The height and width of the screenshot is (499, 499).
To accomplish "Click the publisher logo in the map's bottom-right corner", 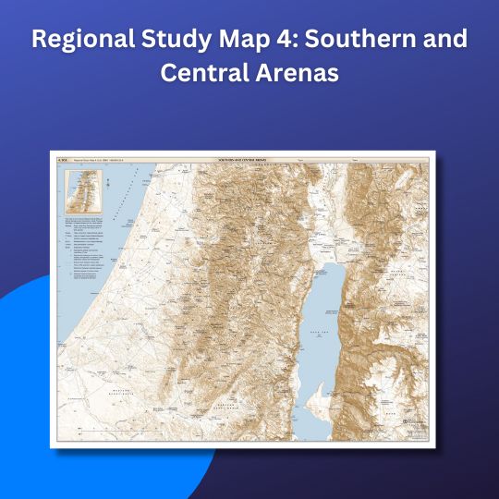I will [x=415, y=430].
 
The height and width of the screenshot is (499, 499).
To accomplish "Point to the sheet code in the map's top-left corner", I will [x=63, y=160].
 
